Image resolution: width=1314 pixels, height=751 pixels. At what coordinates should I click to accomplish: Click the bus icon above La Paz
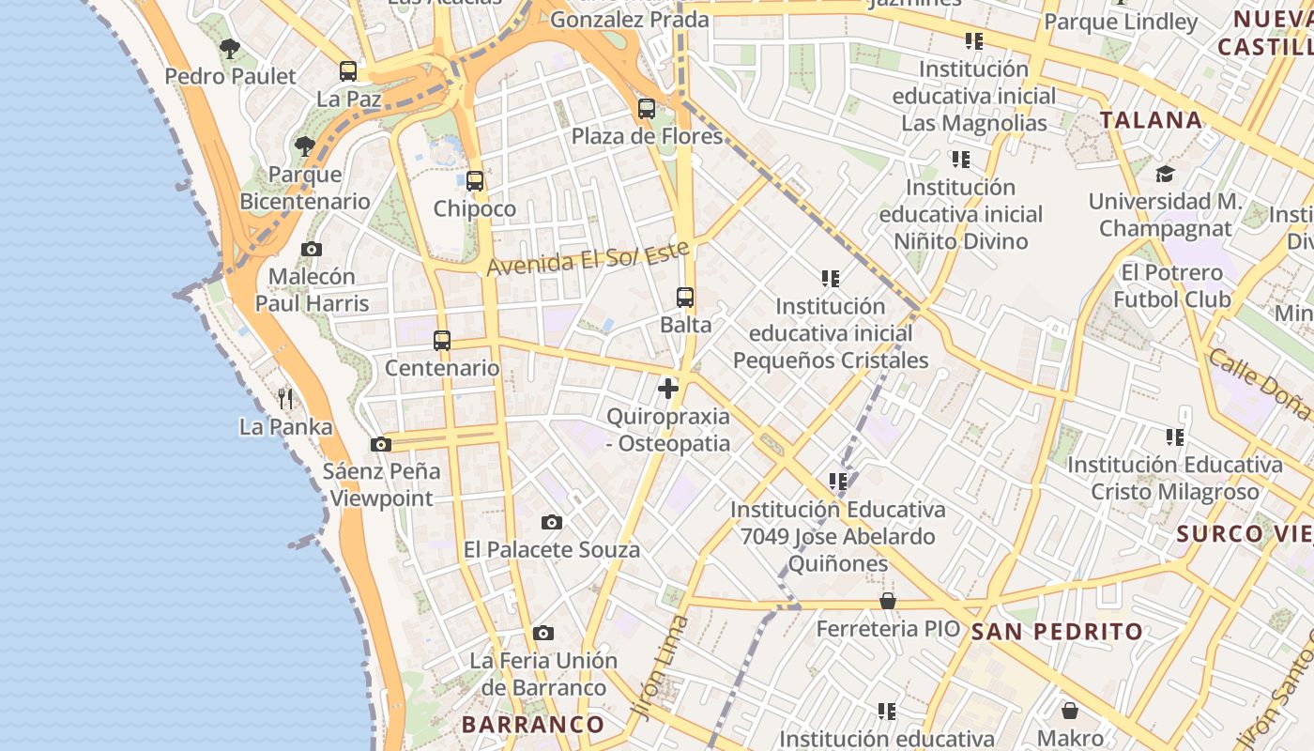tap(348, 70)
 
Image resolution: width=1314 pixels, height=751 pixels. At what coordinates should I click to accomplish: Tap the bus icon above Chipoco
tap(475, 180)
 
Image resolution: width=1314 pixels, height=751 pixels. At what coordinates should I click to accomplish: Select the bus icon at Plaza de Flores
tap(647, 108)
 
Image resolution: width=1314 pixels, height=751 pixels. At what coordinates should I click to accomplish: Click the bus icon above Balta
tap(685, 298)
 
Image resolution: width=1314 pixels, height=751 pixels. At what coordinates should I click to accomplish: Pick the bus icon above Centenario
tap(442, 340)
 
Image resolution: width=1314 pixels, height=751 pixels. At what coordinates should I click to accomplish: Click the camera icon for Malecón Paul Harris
tap(312, 249)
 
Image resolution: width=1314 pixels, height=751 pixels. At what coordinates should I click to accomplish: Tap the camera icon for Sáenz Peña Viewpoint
tap(380, 444)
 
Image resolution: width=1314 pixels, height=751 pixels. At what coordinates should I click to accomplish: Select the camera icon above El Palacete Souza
tap(552, 522)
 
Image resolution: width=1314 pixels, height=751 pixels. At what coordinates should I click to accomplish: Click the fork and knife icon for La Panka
tap(285, 399)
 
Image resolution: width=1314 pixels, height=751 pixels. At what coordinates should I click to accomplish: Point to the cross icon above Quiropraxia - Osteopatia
tap(668, 388)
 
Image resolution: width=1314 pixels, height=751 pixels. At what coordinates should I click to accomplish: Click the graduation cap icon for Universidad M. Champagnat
tap(1165, 174)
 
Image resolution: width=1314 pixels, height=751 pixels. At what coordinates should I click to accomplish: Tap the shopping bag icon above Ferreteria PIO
tap(888, 601)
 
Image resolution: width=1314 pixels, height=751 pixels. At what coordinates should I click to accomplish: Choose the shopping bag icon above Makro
tap(1070, 711)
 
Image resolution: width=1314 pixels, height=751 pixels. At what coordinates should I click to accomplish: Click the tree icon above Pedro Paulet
tap(230, 48)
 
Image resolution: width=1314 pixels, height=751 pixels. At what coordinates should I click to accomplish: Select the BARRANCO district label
tap(533, 724)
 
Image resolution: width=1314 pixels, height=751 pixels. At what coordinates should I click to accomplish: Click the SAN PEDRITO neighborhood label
tap(1057, 632)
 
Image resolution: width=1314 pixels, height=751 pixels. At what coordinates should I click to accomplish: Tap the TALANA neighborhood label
tap(1151, 120)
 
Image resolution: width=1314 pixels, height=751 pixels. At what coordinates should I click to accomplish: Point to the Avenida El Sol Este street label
tap(588, 257)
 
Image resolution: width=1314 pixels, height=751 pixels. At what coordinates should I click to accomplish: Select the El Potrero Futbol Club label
tap(1171, 285)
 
